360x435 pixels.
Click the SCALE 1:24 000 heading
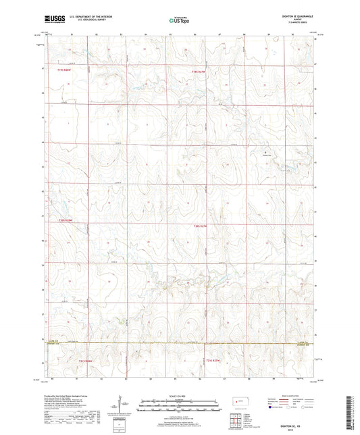point(179,395)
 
